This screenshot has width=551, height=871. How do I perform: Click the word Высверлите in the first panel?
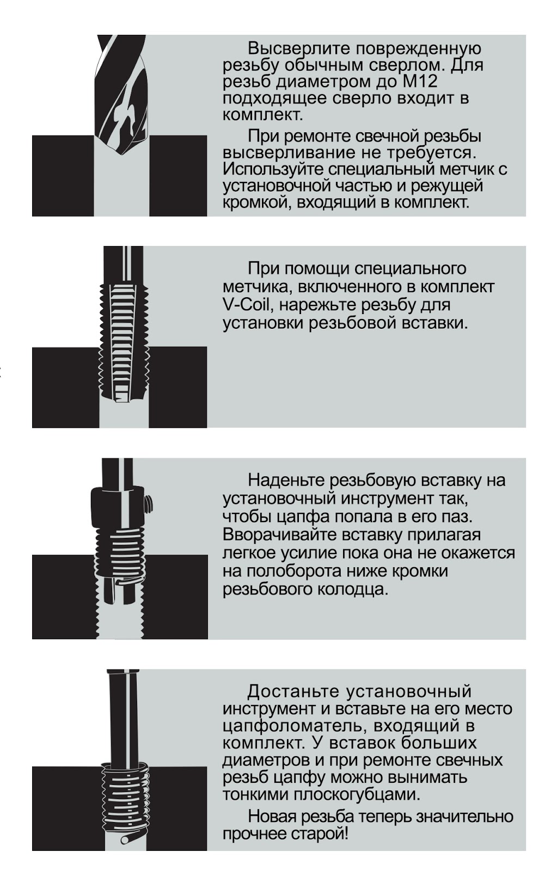[x=298, y=48]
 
